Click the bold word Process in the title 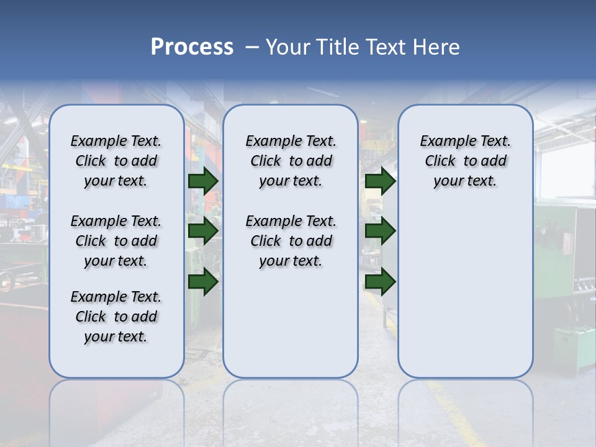pyautogui.click(x=192, y=47)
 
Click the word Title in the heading pyautogui.click(x=336, y=47)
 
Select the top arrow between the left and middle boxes pyautogui.click(x=203, y=181)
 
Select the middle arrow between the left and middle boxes pyautogui.click(x=203, y=231)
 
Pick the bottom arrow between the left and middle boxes pyautogui.click(x=203, y=281)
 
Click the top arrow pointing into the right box pyautogui.click(x=380, y=181)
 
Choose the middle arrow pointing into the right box pyautogui.click(x=380, y=231)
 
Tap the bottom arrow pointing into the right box pyautogui.click(x=380, y=281)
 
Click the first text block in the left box pyautogui.click(x=116, y=161)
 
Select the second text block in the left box pyautogui.click(x=116, y=241)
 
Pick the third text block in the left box pyautogui.click(x=116, y=317)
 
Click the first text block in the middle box pyautogui.click(x=291, y=161)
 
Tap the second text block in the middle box pyautogui.click(x=291, y=241)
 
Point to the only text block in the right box pyautogui.click(x=465, y=161)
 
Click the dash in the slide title pyautogui.click(x=252, y=47)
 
